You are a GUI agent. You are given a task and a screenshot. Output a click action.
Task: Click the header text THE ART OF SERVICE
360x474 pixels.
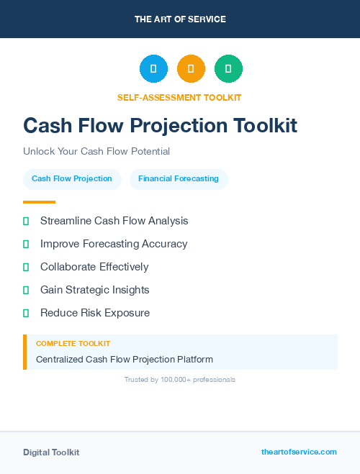tap(180, 19)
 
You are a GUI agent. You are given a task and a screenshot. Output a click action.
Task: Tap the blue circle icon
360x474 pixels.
tap(153, 69)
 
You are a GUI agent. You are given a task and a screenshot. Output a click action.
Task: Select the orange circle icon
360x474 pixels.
tap(191, 69)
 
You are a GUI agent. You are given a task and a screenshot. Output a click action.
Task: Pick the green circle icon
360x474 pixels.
tap(228, 69)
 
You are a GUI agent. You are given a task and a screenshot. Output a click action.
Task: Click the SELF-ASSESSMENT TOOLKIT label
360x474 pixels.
tap(179, 97)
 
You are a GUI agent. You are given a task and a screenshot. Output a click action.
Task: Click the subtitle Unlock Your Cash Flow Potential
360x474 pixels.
tap(96, 152)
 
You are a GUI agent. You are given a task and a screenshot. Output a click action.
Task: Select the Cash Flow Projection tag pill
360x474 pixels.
tap(72, 178)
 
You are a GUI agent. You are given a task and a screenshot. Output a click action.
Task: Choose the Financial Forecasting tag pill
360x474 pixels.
tap(179, 178)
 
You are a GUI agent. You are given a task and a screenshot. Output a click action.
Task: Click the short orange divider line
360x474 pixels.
tap(39, 202)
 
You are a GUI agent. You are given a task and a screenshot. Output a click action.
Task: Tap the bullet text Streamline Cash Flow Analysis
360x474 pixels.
tap(114, 221)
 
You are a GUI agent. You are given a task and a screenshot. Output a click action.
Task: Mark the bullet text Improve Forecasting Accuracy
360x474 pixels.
tap(114, 244)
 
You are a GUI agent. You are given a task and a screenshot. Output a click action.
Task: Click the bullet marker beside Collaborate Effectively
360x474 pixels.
tap(26, 267)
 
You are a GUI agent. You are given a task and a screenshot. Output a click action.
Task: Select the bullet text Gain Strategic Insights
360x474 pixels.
tap(95, 290)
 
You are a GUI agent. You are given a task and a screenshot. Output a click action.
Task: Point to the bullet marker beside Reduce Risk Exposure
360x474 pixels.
tap(26, 313)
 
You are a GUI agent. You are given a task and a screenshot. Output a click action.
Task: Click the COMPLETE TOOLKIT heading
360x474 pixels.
tap(73, 344)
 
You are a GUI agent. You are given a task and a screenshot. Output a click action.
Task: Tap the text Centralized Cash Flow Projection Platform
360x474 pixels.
tap(125, 359)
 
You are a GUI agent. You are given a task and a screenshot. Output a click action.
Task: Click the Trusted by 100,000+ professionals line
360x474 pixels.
tap(180, 379)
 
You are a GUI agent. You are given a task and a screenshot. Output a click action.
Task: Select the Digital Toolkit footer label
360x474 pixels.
tap(51, 452)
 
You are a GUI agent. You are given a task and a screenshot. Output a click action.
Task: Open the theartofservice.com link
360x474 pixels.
tap(299, 452)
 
